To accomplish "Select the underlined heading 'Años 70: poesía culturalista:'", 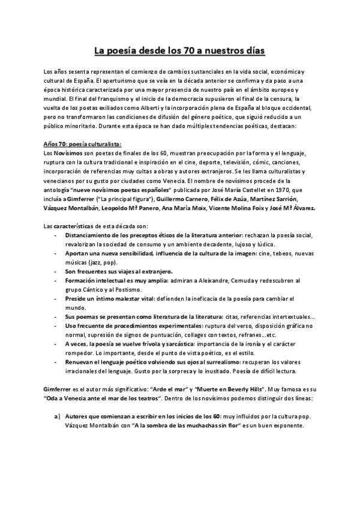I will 83,143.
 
